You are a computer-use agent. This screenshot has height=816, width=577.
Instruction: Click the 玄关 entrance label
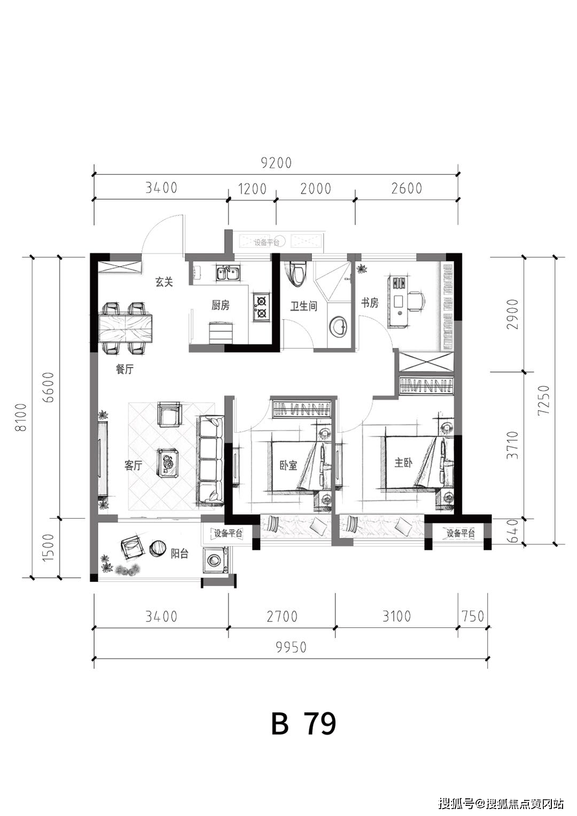164,282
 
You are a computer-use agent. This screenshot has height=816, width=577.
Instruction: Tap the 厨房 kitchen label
221,305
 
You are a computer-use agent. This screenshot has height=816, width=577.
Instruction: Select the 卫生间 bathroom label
303,306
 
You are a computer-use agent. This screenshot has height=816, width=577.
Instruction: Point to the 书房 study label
370,303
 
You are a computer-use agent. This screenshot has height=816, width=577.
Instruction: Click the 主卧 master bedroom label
403,463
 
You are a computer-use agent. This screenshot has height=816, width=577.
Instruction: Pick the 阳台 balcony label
180,554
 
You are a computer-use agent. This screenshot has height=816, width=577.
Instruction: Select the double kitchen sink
228,273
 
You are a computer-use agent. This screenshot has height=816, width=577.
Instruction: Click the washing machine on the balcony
216,561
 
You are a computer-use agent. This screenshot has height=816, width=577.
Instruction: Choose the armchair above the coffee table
169,414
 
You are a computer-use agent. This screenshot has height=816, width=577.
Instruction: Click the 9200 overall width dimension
276,163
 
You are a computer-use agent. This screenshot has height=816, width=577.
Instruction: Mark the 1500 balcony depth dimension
48,548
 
